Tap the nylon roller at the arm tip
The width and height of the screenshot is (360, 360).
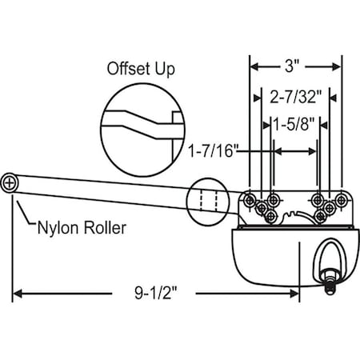[x=10, y=182]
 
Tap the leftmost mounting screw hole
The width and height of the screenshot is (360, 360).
[x=250, y=198]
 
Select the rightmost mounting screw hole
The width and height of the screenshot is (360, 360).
[x=341, y=198]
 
